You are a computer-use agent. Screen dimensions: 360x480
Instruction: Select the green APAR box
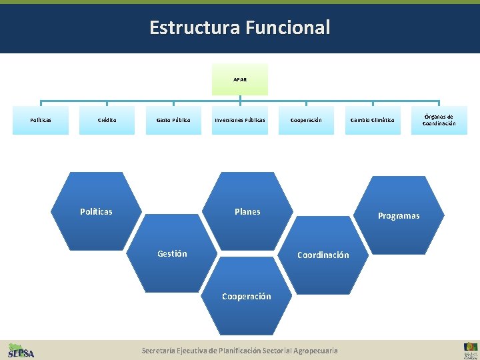tap(240, 79)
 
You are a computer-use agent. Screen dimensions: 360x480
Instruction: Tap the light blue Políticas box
tap(41, 120)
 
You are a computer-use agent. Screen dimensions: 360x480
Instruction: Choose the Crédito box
tap(107, 120)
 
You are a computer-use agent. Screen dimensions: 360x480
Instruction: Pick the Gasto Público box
tap(173, 120)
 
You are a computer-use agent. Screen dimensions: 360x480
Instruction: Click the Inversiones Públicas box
tap(240, 120)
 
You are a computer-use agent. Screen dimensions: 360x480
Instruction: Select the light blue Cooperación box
tap(306, 120)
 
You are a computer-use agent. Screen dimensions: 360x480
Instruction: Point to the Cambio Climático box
tap(373, 120)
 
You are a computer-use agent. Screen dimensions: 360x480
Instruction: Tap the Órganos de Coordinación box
tap(439, 120)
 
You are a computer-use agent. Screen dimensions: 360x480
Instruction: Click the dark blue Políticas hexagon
tap(96, 211)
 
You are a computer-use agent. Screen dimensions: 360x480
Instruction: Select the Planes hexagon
tap(247, 211)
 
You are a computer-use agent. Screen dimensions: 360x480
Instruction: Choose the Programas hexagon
tap(399, 215)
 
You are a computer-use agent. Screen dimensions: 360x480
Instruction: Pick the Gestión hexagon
tap(172, 253)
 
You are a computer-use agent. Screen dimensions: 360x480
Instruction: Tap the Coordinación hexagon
tap(323, 255)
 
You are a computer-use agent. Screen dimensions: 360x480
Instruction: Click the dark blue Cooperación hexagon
tap(247, 297)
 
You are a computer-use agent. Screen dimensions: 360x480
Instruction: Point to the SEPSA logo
tap(21, 350)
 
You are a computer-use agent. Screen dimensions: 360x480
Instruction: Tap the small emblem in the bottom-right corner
tap(470, 350)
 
